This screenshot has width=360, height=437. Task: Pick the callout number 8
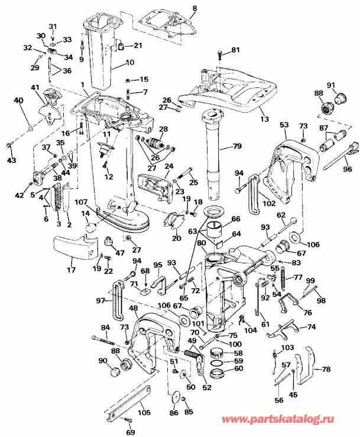pyautogui.click(x=194, y=8)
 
